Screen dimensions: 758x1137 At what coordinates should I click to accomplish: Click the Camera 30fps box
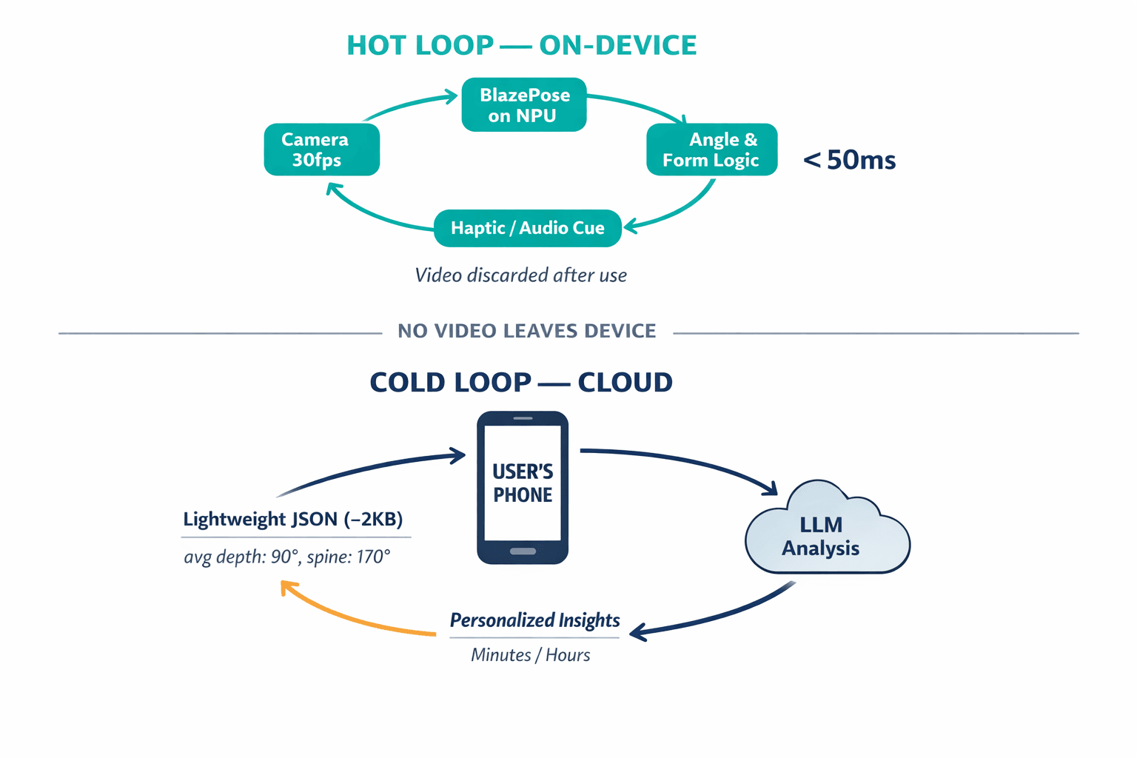tap(321, 150)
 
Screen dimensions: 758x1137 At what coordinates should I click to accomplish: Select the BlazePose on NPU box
tap(524, 105)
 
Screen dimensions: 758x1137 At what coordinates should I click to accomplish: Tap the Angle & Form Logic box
tap(711, 150)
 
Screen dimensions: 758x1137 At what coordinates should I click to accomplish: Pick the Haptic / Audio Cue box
tap(527, 228)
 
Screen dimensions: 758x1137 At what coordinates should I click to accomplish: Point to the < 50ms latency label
tap(850, 160)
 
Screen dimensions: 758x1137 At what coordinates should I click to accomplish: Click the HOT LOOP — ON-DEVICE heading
tap(521, 46)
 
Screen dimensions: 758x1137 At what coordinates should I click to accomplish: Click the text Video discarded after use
tap(520, 275)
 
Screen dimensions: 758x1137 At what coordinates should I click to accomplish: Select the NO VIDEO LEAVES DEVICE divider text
tap(526, 331)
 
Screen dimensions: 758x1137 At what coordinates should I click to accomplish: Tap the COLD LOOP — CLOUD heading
tap(521, 383)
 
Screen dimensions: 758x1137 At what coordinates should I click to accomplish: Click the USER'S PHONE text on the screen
tap(523, 483)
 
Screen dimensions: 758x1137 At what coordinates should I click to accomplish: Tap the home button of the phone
tap(523, 551)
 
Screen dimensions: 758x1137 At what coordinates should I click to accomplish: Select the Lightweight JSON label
tap(293, 519)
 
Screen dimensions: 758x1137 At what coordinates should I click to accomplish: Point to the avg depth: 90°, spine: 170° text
tap(287, 557)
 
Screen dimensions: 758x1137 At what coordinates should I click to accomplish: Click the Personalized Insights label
tap(534, 620)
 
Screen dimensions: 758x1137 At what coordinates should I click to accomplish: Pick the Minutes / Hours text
tap(530, 655)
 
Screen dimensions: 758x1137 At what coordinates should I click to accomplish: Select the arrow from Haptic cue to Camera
tap(370, 214)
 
